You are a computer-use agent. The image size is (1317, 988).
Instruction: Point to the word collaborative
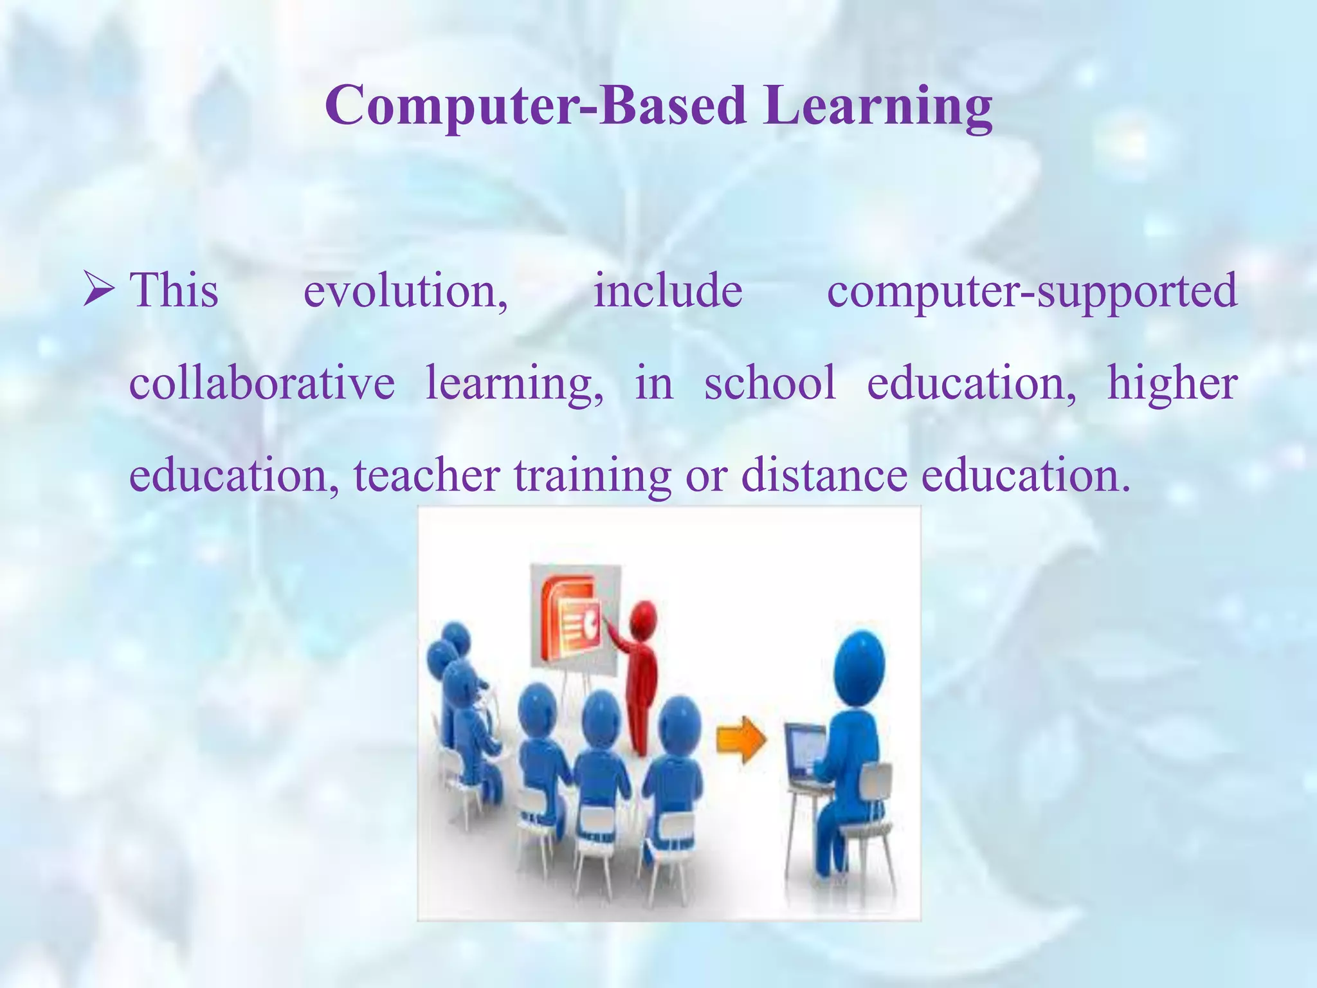[262, 383]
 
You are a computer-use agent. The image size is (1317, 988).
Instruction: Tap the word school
[770, 383]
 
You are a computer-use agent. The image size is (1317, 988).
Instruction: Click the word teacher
[426, 475]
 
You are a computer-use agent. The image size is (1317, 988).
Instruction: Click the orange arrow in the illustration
[741, 740]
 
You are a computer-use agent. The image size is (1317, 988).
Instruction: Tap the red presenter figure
[638, 675]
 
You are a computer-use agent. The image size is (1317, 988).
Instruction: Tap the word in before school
[653, 383]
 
